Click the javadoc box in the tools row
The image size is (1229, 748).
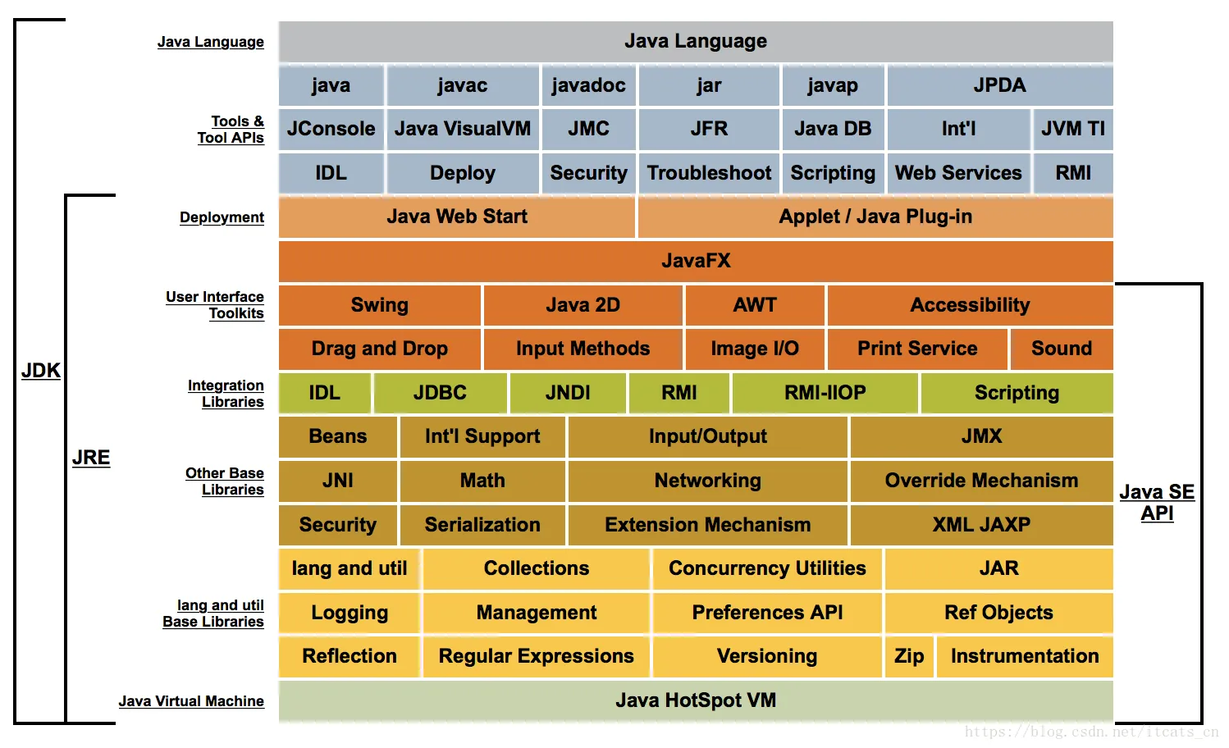588,85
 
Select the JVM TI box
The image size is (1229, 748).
1072,129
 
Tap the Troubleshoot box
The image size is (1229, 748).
709,173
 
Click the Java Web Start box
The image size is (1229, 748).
457,217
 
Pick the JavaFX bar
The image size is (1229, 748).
696,261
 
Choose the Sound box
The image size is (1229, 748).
1062,349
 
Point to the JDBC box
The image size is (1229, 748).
440,393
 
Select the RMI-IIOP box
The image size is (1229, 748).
825,393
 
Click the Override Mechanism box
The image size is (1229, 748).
981,481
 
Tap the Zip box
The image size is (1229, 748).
909,656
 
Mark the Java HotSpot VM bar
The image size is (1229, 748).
696,700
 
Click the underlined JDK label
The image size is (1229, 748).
41,371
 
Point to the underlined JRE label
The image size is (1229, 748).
91,458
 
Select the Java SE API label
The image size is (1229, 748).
1157,502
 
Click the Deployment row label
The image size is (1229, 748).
222,217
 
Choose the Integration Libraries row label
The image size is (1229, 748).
226,394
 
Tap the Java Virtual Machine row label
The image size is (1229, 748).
191,701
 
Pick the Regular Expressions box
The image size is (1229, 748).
537,656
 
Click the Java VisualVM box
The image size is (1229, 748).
463,129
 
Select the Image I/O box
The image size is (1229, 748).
755,349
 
